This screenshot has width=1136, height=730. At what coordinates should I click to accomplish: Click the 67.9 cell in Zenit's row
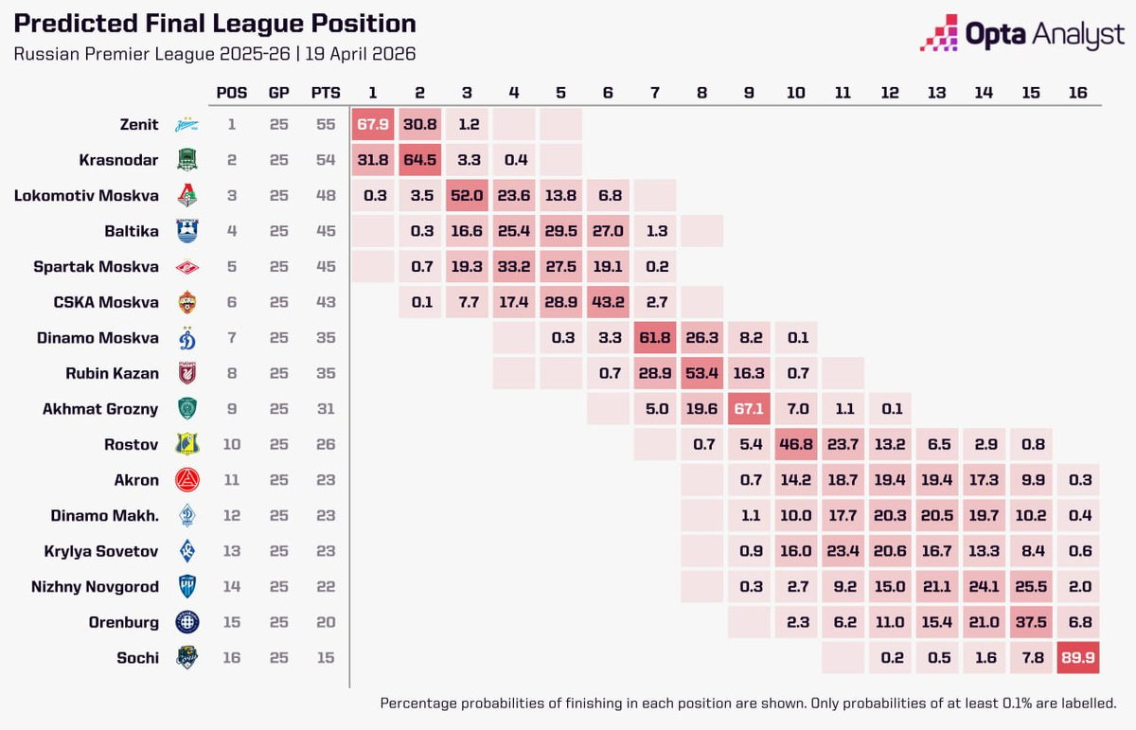pyautogui.click(x=372, y=125)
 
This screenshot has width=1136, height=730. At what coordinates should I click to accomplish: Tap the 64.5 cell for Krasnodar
pyautogui.click(x=419, y=160)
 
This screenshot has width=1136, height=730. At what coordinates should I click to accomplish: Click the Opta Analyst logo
pyautogui.click(x=1022, y=34)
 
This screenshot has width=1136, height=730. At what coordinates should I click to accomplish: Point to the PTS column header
pyautogui.click(x=326, y=93)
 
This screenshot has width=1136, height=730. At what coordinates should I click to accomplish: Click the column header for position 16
pyautogui.click(x=1077, y=93)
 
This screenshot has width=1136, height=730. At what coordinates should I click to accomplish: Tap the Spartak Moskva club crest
pyautogui.click(x=186, y=267)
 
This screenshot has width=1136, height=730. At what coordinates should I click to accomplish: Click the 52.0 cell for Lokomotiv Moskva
pyautogui.click(x=466, y=196)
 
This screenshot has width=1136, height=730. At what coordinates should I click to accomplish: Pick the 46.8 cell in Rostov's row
pyautogui.click(x=795, y=444)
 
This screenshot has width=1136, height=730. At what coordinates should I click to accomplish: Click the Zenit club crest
pyautogui.click(x=186, y=125)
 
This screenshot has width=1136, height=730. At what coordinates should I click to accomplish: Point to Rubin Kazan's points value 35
pyautogui.click(x=326, y=373)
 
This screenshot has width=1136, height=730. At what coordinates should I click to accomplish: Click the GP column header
pyautogui.click(x=278, y=93)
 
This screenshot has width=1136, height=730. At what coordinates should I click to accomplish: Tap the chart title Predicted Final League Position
pyautogui.click(x=214, y=24)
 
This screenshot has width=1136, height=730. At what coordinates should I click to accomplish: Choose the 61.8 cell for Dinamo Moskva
pyautogui.click(x=654, y=338)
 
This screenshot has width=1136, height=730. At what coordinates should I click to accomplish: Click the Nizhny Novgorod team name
pyautogui.click(x=95, y=586)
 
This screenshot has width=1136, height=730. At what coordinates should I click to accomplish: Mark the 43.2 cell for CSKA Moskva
pyautogui.click(x=607, y=302)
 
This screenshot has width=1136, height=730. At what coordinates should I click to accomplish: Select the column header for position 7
pyautogui.click(x=654, y=93)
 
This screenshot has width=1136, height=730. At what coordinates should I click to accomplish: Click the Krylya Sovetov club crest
pyautogui.click(x=186, y=551)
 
